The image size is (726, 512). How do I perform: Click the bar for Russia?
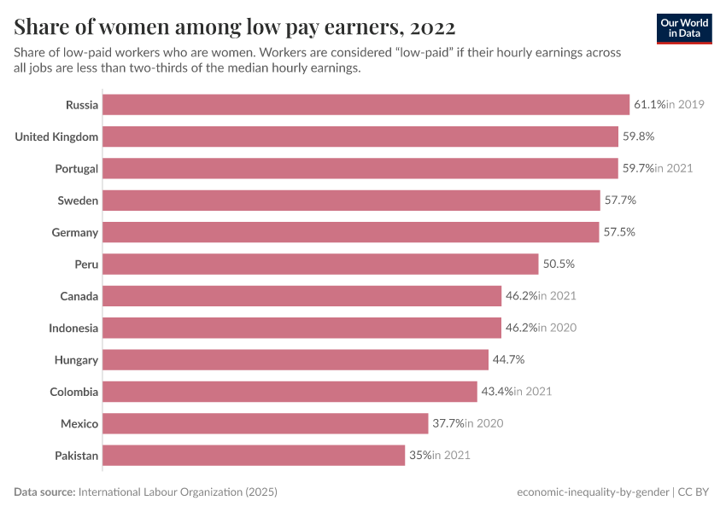tap(366, 105)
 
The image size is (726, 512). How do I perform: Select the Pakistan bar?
tap(254, 456)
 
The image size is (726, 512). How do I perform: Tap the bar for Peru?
tap(320, 265)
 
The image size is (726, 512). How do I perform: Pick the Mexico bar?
tap(265, 424)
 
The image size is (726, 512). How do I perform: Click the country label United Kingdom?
tap(56, 137)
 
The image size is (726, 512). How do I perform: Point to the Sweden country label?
tap(78, 201)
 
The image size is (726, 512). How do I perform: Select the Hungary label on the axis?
tap(76, 360)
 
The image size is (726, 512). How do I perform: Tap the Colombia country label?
tap(74, 392)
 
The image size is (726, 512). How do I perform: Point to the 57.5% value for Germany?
tap(619, 232)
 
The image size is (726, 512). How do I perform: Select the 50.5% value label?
tap(559, 265)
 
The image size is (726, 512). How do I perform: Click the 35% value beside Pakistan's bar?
tap(420, 456)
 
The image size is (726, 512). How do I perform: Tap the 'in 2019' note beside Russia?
tap(686, 105)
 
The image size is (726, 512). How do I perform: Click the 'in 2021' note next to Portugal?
tap(674, 168)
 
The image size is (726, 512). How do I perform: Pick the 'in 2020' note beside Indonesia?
tap(558, 329)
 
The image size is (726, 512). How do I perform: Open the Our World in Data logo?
tap(684, 28)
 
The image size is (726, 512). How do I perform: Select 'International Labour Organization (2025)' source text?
tap(178, 492)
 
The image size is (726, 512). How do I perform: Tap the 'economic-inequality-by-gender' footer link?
tap(594, 492)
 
